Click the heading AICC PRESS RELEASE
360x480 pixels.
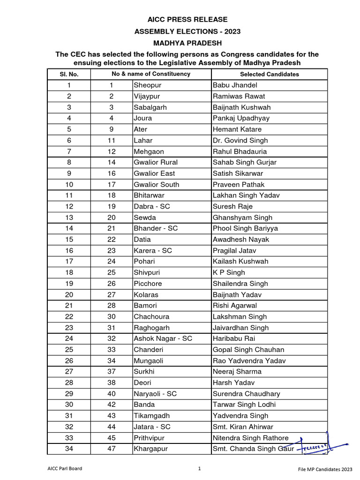180,20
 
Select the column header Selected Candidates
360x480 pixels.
269,74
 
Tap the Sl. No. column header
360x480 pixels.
69,74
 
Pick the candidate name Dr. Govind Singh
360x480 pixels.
240,140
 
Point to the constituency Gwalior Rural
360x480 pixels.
156,162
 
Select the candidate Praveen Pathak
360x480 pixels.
238,184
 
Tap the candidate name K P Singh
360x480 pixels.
229,272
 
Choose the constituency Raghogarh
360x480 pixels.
151,328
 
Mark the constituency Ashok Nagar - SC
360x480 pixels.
163,338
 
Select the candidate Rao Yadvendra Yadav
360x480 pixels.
249,360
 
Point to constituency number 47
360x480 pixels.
112,449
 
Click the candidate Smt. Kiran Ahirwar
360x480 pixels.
243,427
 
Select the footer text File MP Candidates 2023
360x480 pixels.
325,469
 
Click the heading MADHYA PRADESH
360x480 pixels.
180,43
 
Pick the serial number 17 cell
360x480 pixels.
69,262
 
